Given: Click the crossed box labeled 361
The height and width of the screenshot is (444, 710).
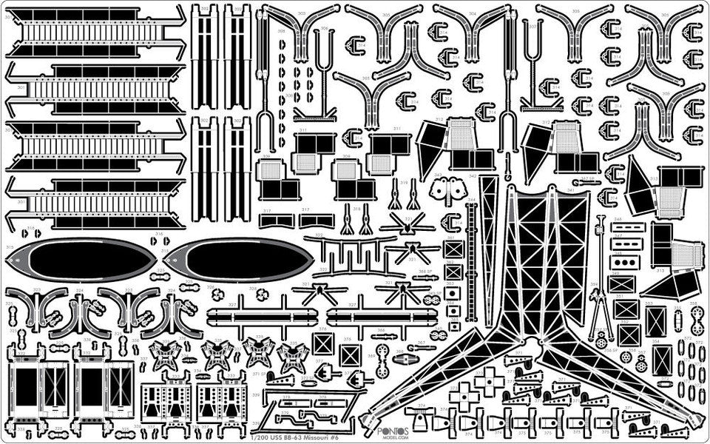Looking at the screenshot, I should click(x=453, y=249).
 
